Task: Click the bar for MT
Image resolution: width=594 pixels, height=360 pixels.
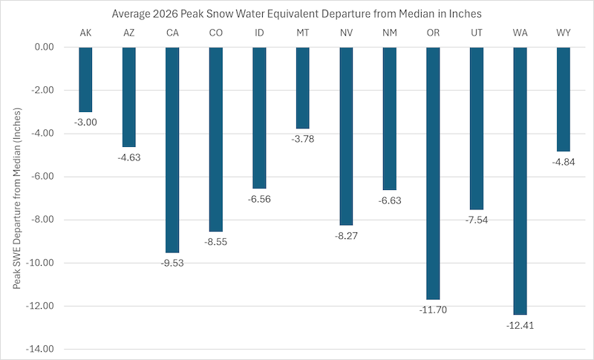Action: (x=302, y=88)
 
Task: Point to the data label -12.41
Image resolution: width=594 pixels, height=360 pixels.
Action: (x=519, y=325)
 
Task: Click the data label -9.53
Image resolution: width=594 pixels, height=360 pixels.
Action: (x=172, y=263)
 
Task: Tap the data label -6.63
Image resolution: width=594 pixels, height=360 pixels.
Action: (x=389, y=200)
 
